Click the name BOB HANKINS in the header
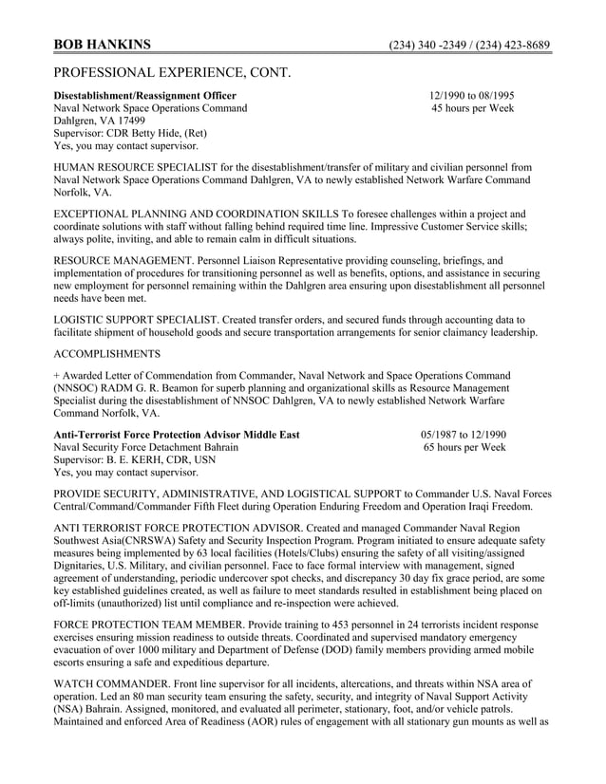pos(101,45)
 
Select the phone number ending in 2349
pos(425,46)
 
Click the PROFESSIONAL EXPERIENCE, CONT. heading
pos(172,72)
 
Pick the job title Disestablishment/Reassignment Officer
pos(145,96)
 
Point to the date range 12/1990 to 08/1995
pos(471,96)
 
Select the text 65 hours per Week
pos(464,447)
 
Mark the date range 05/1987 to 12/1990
pos(464,434)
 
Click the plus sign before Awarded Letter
pos(57,376)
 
